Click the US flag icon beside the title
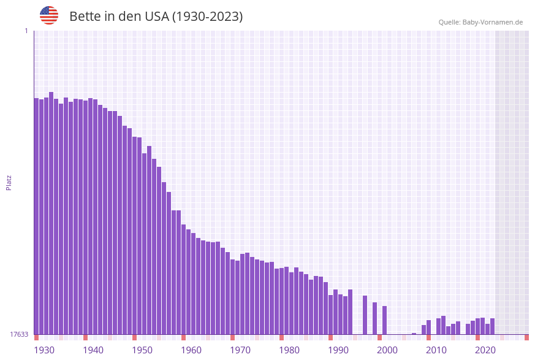click(49, 15)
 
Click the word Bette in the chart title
click(85, 17)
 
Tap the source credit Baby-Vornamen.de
click(480, 22)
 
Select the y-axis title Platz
click(9, 182)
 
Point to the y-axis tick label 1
click(26, 31)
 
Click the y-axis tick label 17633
click(19, 334)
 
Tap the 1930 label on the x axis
click(44, 350)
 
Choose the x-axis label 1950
click(142, 350)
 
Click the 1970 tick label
click(240, 350)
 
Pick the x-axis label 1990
click(338, 350)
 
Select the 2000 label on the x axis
click(387, 350)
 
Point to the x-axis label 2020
click(485, 350)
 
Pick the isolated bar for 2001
click(385, 320)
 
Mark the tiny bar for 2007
click(414, 334)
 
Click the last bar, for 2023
click(493, 326)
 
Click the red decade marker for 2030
click(526, 337)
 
